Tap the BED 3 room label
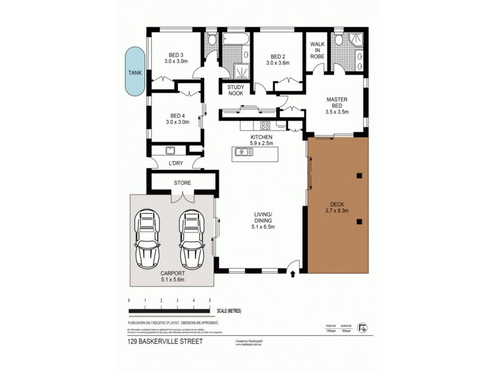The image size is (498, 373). tap(176, 58)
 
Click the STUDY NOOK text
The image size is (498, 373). tap(236, 90)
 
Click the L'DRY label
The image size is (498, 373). tap(176, 163)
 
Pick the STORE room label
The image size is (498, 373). tap(182, 183)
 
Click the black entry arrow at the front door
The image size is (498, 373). tap(292, 274)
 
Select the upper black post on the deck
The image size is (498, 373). tap(359, 176)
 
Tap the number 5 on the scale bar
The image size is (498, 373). tap(210, 301)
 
